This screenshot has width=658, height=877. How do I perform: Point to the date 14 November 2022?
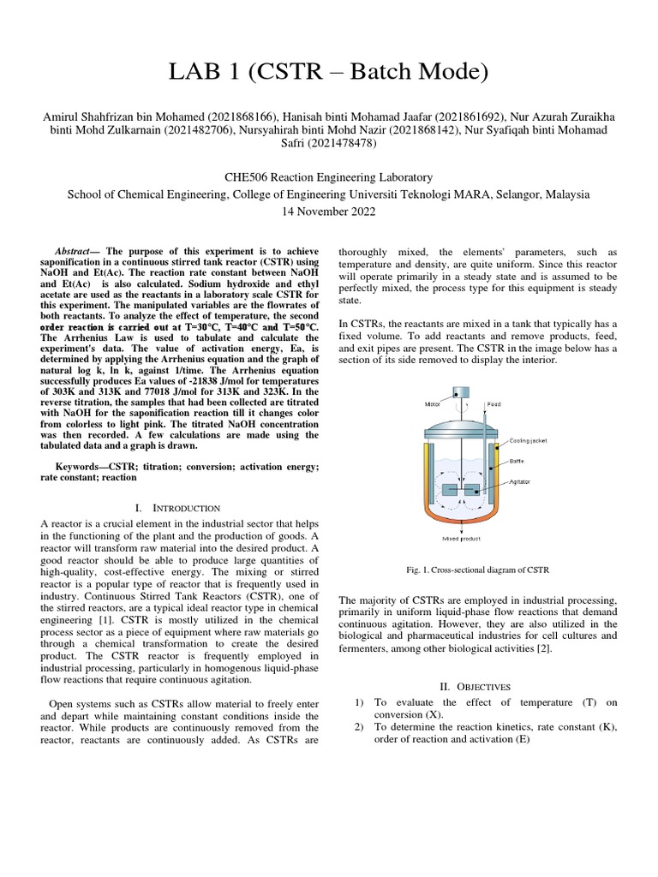[x=328, y=211]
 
